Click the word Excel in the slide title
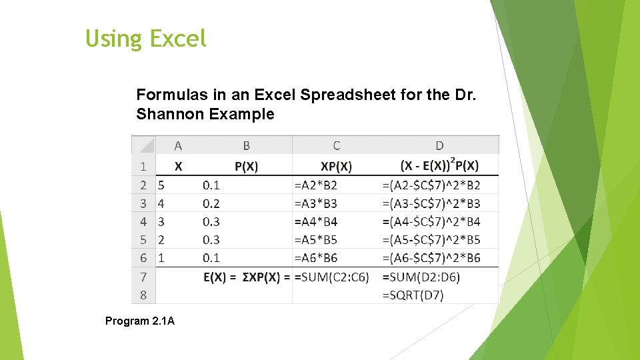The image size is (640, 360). click(178, 39)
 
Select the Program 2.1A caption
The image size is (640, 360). click(140, 321)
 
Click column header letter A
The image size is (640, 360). click(178, 145)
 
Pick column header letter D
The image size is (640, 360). click(439, 145)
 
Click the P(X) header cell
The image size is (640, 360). click(247, 166)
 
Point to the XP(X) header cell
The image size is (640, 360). click(336, 166)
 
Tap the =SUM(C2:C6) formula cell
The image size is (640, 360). click(331, 277)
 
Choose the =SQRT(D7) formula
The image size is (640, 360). click(413, 295)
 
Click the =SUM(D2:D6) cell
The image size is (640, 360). click(421, 277)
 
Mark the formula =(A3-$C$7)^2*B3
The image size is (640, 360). click(431, 203)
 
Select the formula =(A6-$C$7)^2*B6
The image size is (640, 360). click(431, 258)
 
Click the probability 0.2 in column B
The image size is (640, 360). click(211, 203)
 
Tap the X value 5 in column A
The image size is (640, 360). click(161, 185)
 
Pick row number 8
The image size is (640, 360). click(143, 295)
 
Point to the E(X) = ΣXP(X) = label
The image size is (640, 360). click(247, 277)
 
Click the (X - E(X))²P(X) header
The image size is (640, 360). click(439, 165)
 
